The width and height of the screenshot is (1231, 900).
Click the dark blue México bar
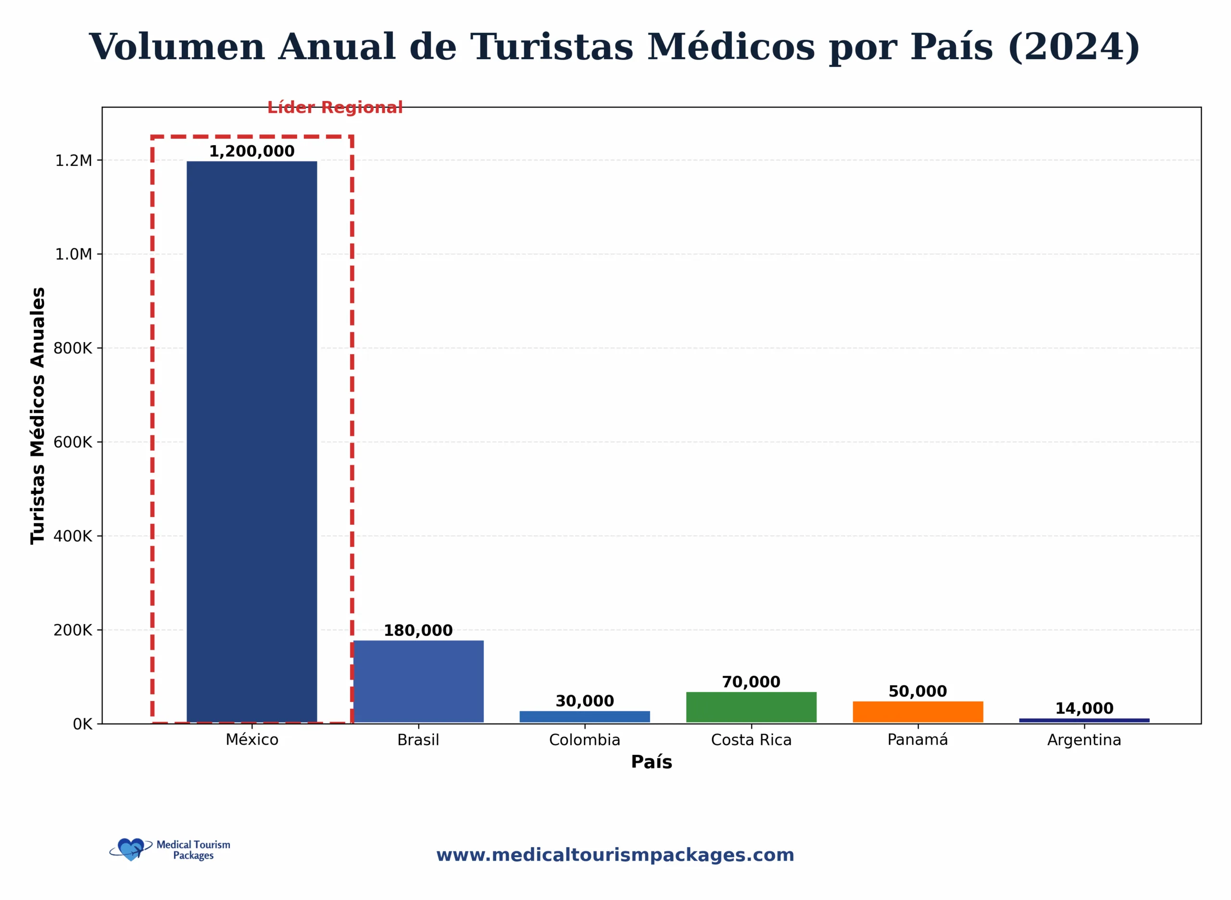[251, 441]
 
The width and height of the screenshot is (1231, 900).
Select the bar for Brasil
[418, 681]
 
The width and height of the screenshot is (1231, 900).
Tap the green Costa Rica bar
[751, 707]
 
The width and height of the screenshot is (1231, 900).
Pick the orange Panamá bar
[917, 712]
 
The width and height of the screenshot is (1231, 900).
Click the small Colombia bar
[584, 716]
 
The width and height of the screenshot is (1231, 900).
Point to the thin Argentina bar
[1084, 720]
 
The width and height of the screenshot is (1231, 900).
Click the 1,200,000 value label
[251, 151]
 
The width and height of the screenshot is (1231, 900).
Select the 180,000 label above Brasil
[418, 630]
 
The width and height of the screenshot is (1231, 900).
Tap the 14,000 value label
[1084, 708]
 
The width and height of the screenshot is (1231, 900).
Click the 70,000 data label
[751, 681]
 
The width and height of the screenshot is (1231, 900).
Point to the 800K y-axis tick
[73, 348]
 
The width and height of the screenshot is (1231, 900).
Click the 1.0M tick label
[74, 254]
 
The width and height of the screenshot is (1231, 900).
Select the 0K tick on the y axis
[82, 724]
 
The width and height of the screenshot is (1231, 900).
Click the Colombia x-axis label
[584, 740]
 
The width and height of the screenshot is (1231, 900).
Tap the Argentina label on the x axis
[1084, 740]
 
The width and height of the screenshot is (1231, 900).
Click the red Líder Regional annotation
[335, 107]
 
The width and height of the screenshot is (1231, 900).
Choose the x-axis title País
[652, 762]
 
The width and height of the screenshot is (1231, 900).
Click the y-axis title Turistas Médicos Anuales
[37, 415]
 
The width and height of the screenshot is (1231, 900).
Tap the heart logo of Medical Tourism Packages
[131, 849]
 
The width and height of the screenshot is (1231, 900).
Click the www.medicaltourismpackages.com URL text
[615, 855]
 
